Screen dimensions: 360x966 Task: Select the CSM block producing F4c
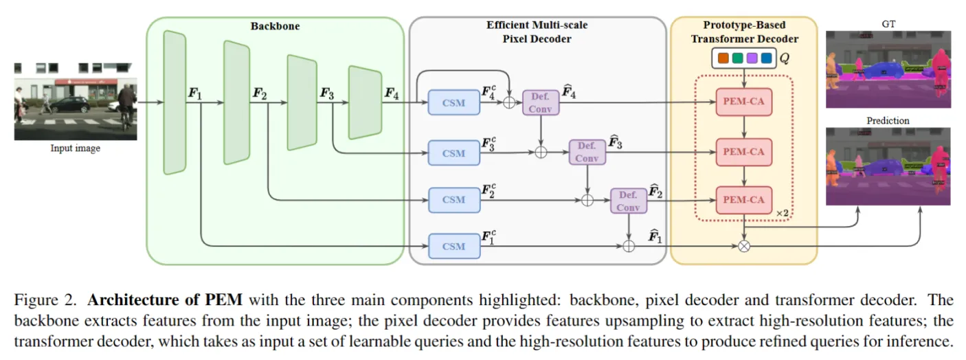click(x=453, y=103)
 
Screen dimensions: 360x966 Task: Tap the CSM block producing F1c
click(x=453, y=246)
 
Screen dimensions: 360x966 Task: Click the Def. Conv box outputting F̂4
click(x=541, y=103)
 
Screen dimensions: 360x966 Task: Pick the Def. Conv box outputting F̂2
click(x=628, y=201)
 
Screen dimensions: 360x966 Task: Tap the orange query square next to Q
click(x=722, y=58)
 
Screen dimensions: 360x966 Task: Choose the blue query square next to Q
click(x=766, y=58)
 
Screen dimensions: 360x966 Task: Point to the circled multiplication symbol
click(x=743, y=246)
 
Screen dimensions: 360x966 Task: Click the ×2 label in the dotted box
click(x=782, y=214)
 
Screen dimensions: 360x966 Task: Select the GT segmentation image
click(x=888, y=69)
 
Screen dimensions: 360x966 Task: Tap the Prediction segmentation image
click(x=888, y=166)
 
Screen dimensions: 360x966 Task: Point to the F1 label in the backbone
click(x=195, y=93)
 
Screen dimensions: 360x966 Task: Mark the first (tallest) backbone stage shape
click(x=175, y=102)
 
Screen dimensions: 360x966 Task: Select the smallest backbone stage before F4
click(x=364, y=102)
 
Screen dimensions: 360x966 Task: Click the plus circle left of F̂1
click(x=628, y=246)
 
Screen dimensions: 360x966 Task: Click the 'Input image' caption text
click(x=75, y=148)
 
